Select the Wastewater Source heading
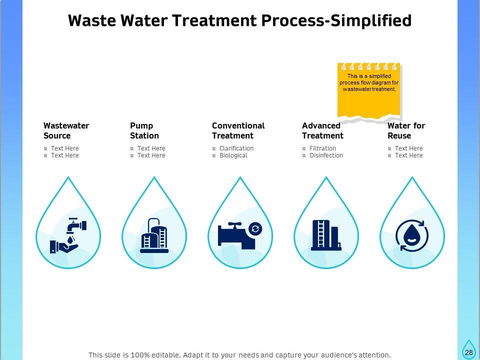(x=66, y=130)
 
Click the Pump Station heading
(x=144, y=130)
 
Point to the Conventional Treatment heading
(x=238, y=130)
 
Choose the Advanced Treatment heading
(x=322, y=130)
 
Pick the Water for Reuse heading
(x=406, y=130)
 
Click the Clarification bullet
(x=236, y=148)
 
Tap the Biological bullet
(x=233, y=155)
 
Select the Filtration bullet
(x=322, y=148)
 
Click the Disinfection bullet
(x=326, y=155)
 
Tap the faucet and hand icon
(x=68, y=234)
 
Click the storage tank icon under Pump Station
(x=154, y=235)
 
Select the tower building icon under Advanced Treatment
(x=325, y=234)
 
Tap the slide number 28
(x=468, y=352)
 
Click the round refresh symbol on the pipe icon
(x=255, y=228)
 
